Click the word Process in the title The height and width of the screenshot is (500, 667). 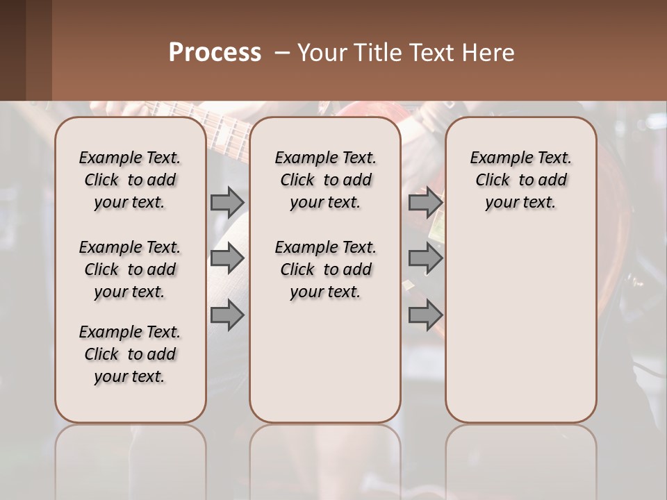215,53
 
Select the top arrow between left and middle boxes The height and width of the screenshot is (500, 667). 227,202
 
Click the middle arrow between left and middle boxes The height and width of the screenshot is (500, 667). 227,258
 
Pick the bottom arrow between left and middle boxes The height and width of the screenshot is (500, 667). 227,315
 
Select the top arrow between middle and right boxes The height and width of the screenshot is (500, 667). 425,202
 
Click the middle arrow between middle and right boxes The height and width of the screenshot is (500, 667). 425,258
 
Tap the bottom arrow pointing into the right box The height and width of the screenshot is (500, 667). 425,315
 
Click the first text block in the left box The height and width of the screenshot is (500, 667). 130,180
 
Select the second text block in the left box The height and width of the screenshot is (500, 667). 130,269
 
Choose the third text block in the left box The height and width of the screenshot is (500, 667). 130,354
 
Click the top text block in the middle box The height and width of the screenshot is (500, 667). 325,180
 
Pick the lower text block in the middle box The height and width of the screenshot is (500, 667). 325,269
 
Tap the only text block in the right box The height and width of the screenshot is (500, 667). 520,180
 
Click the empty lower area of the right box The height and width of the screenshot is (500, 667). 520,333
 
